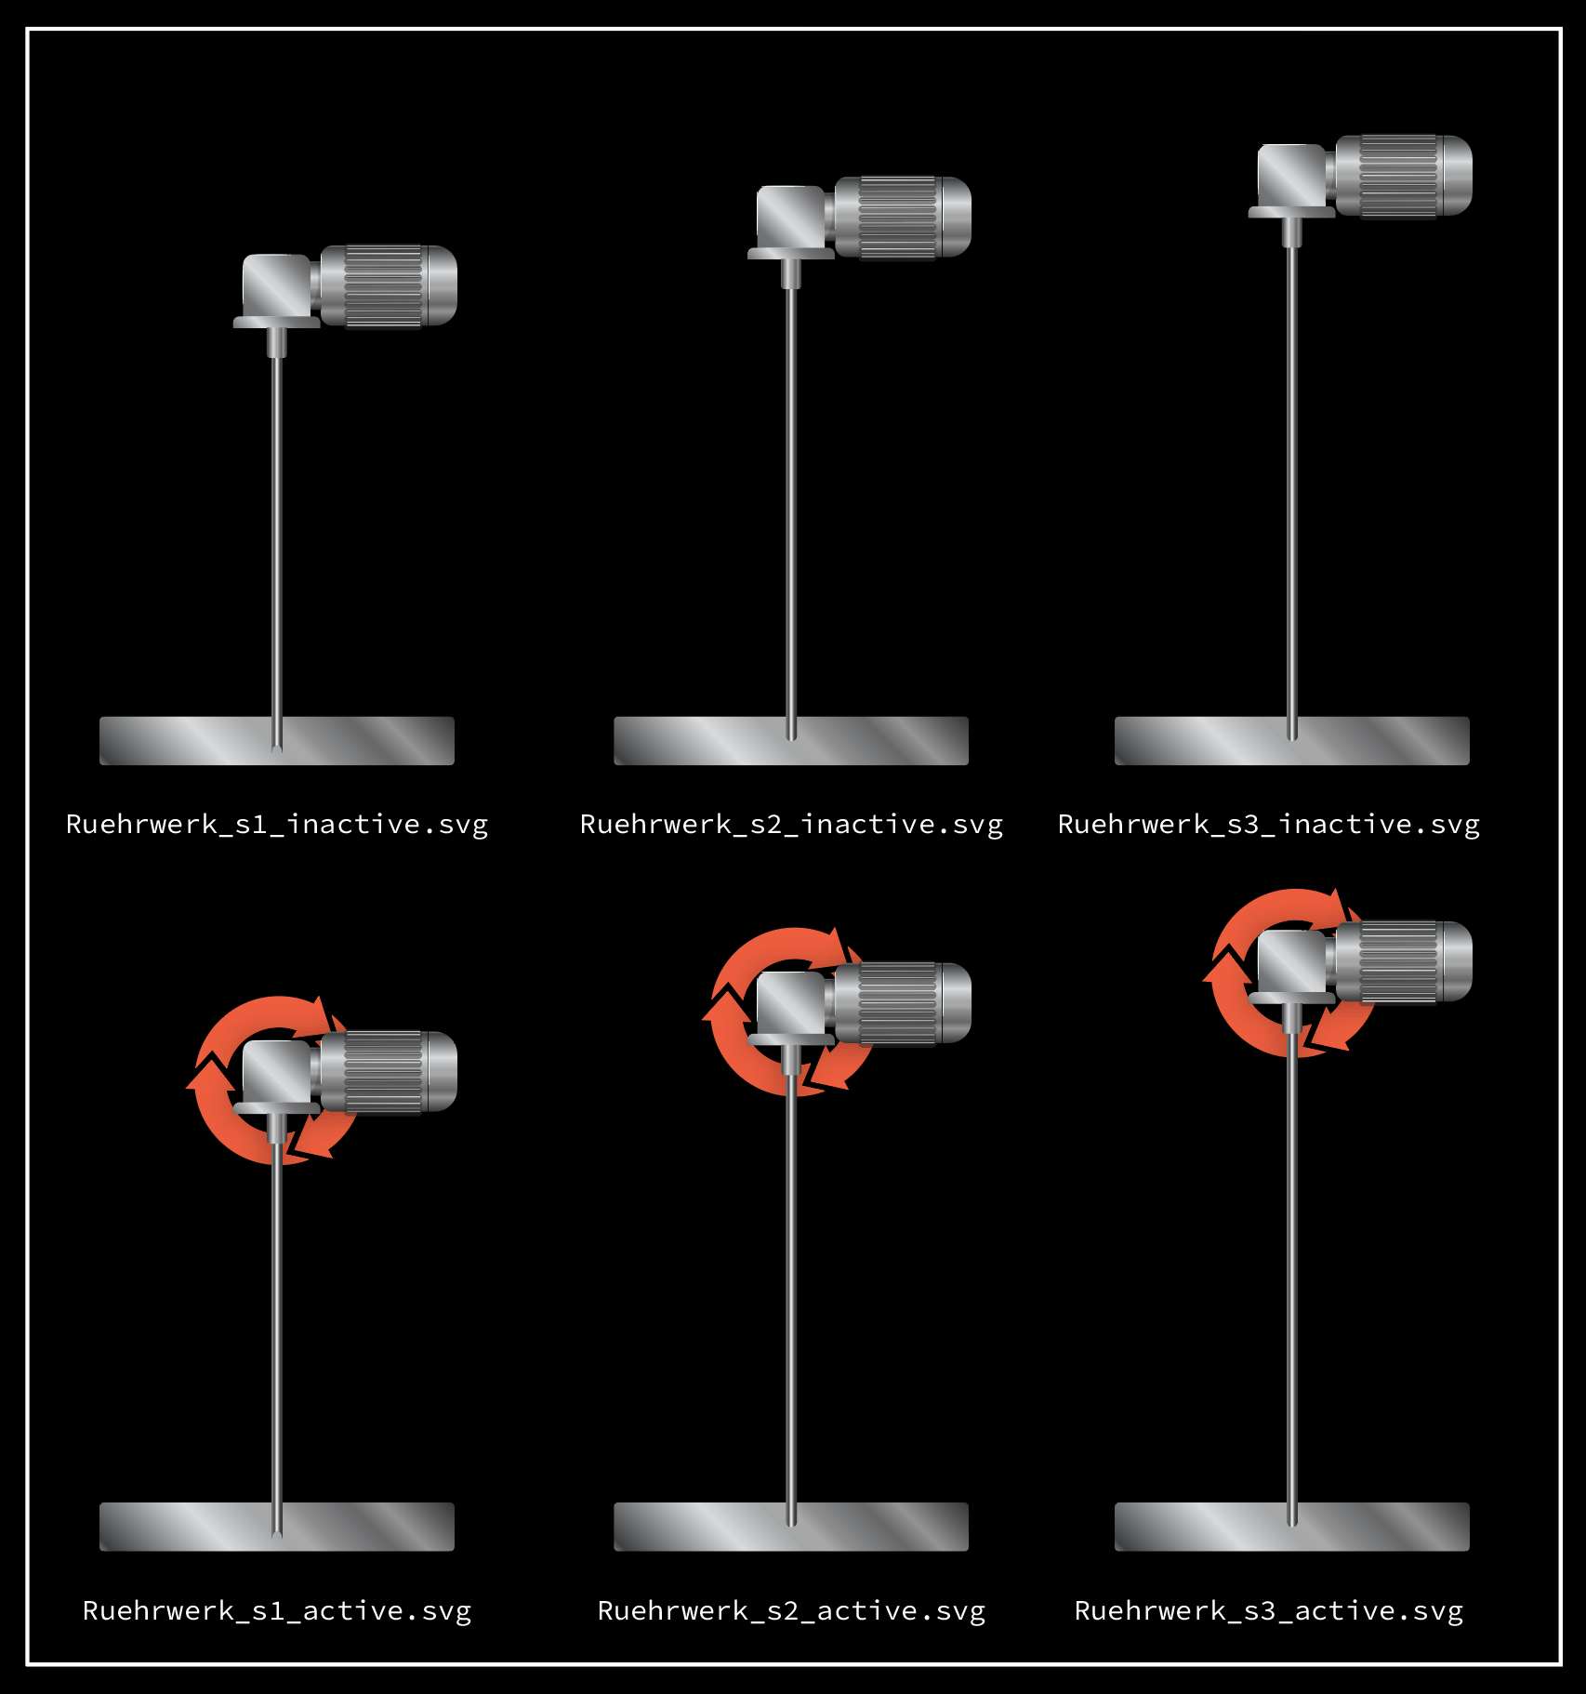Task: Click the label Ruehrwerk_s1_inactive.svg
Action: (x=277, y=825)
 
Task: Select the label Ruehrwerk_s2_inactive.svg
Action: (x=791, y=825)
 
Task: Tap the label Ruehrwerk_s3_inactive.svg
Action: (x=1269, y=825)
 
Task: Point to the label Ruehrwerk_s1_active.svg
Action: (x=277, y=1610)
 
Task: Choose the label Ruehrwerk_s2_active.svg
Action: (x=791, y=1610)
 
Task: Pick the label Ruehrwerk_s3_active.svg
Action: (x=1269, y=1610)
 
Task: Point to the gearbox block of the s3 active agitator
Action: (x=1291, y=962)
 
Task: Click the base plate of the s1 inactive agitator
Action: (x=277, y=741)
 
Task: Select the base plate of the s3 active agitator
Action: (x=1292, y=1527)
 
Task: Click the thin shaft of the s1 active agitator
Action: (x=277, y=1340)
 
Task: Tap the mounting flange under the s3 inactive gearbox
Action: (x=1292, y=212)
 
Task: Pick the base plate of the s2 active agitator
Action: (x=791, y=1527)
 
